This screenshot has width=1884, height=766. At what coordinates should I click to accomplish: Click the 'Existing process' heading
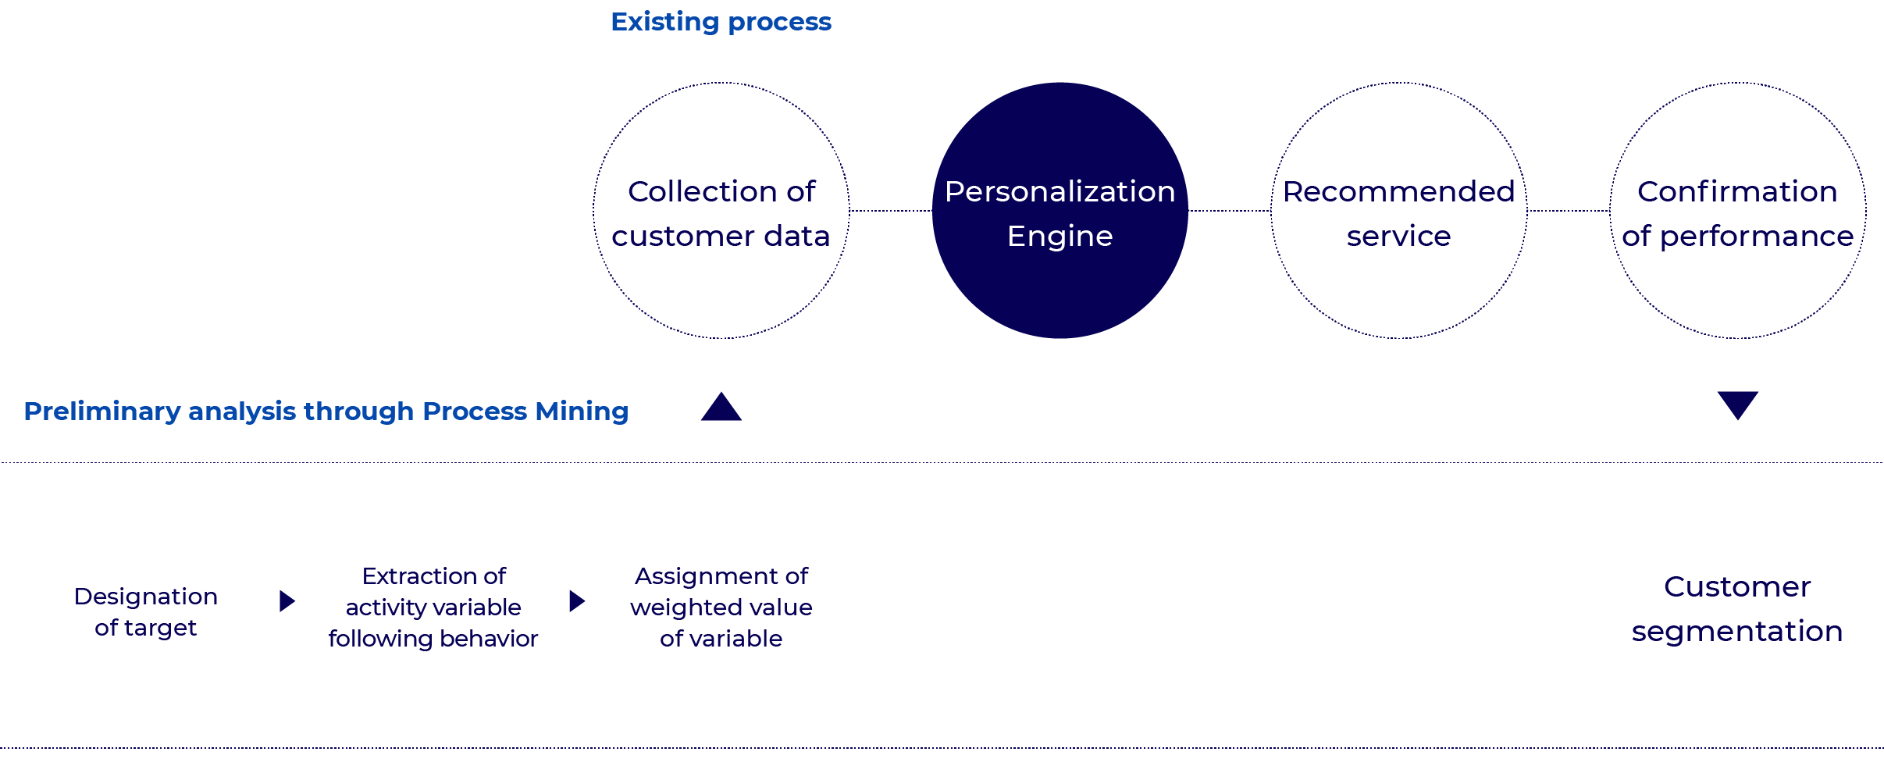coord(721,22)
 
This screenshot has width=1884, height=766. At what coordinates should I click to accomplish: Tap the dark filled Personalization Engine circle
coord(1060,289)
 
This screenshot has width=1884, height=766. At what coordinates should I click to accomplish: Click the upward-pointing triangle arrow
coord(721,408)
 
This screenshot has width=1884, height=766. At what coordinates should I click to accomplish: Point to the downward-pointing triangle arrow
coord(1737,404)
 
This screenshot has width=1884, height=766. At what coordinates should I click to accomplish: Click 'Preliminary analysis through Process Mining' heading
coord(326,411)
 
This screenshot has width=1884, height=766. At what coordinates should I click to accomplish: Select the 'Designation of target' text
coord(146,611)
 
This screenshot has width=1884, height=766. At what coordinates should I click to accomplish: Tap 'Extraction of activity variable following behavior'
coord(433,607)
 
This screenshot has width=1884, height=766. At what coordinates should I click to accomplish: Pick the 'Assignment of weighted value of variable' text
coord(721,607)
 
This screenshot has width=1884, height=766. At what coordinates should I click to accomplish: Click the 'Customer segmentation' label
coord(1737,608)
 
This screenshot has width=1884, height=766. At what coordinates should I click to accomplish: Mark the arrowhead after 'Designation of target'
coord(287,600)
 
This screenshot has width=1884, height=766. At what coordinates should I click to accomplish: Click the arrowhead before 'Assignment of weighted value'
coord(577,600)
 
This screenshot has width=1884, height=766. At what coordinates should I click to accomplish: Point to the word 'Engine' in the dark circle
coord(1060,236)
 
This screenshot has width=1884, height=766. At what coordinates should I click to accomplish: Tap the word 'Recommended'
coord(1398,191)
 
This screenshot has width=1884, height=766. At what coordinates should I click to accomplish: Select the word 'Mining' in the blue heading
coord(582,411)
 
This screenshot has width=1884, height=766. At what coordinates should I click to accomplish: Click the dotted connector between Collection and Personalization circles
coord(890,210)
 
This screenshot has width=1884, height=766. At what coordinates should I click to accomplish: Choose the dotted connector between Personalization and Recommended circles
coord(1229,210)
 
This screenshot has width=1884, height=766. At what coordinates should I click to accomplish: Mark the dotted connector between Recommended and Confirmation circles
coord(1568,210)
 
